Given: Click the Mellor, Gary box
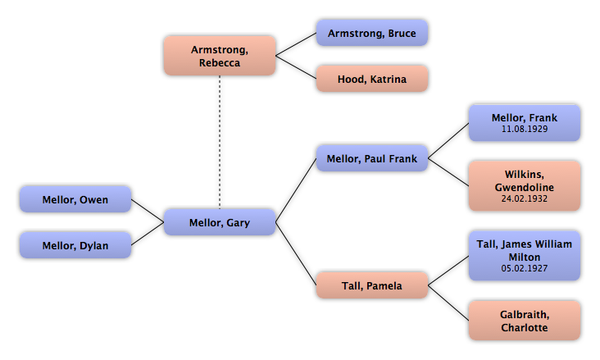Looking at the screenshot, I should [219, 222].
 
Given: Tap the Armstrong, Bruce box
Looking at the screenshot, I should [371, 34].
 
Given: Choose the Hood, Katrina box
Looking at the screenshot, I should [371, 80].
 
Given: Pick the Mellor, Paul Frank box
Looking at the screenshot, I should [371, 158].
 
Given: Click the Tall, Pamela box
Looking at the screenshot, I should [371, 285].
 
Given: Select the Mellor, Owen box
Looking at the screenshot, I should [75, 199].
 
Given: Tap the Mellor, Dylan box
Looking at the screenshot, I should [75, 244].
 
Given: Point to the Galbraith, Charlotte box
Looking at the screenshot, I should [524, 321].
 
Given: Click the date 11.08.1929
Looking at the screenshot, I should [525, 130].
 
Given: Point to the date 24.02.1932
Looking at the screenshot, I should [525, 198].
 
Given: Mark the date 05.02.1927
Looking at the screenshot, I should [525, 268].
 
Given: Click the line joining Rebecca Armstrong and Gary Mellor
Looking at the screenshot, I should [219, 139].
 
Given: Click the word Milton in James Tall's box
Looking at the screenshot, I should [525, 257].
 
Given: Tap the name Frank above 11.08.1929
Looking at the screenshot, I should [543, 118].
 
